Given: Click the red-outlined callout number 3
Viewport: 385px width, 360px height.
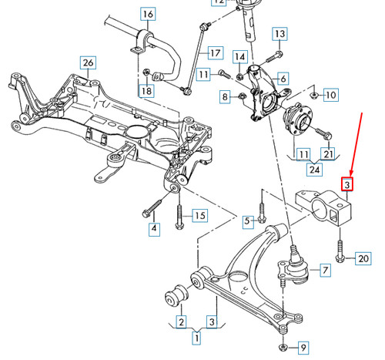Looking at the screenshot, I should click(x=347, y=185).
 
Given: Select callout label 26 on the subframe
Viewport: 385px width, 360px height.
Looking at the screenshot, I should click(x=88, y=62).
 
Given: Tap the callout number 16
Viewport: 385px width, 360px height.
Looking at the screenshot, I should click(x=147, y=14).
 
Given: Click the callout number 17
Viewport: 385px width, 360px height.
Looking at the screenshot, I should click(x=213, y=53).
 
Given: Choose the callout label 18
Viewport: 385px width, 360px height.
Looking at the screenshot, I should click(x=146, y=92).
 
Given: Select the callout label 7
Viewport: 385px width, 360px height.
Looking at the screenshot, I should click(x=324, y=270).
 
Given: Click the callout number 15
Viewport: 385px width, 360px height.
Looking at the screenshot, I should click(x=199, y=215).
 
